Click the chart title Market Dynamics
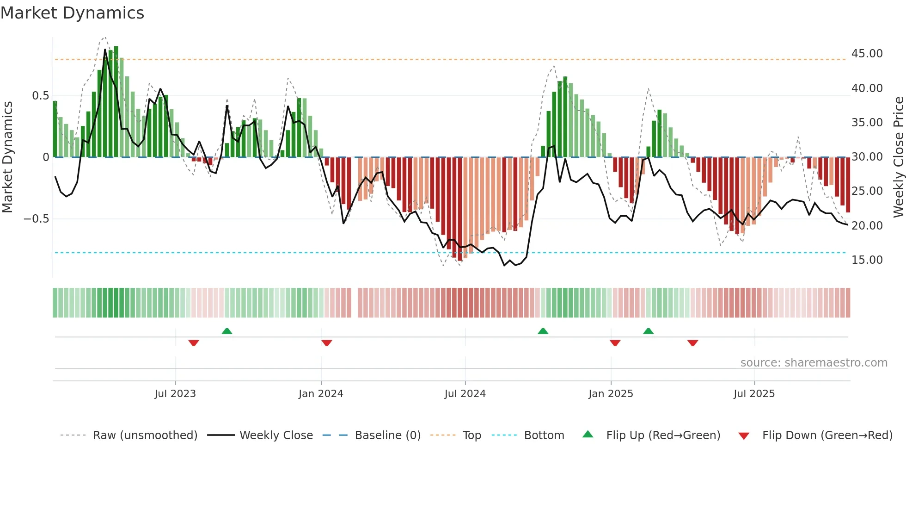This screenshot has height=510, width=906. coord(72,13)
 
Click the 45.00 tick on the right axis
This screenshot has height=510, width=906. coord(867,54)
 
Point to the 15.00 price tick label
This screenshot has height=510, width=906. coord(867,260)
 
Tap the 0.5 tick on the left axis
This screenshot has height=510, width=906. coord(40,96)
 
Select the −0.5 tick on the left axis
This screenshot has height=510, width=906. coord(37,219)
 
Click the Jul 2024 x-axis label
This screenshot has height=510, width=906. coord(465,394)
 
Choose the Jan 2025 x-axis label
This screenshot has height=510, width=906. coord(611,394)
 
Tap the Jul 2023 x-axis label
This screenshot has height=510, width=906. coord(175,394)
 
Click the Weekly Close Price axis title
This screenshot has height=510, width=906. coord(898,157)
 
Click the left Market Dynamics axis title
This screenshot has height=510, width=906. coord(7,157)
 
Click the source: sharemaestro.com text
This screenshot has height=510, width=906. coord(814,363)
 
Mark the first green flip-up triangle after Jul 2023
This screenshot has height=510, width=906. coord(226,331)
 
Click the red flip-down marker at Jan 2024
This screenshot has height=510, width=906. coord(326,343)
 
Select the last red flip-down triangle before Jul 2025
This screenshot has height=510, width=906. coord(692,343)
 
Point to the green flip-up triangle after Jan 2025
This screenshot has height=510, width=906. coord(648,331)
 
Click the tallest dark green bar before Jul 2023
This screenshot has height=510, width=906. coord(116,102)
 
